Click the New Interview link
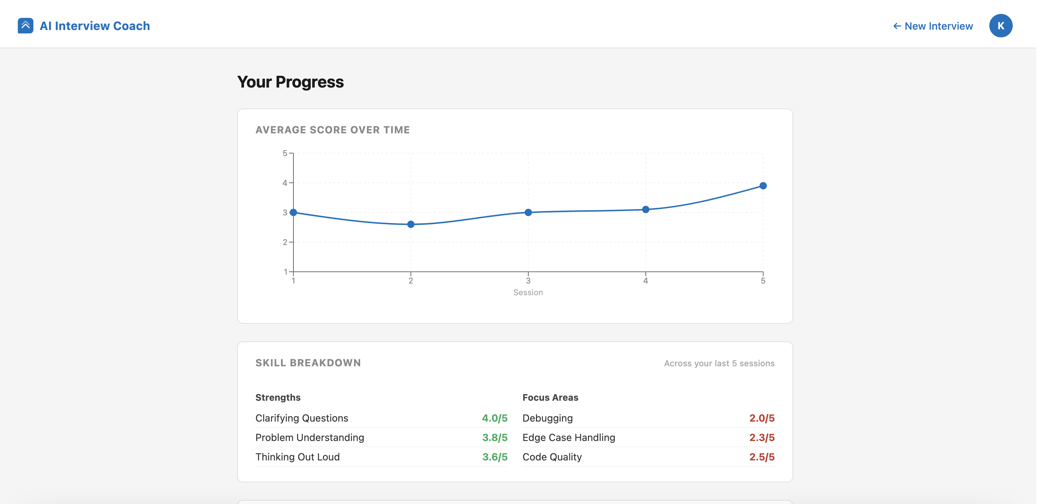coord(933,26)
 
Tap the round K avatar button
coord(1001,26)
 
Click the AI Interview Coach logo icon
coord(26,26)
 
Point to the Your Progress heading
coord(291,82)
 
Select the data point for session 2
coord(411,224)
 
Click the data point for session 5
coord(763,186)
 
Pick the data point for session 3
coord(528,212)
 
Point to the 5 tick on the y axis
coord(285,153)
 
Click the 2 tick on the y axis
coord(285,242)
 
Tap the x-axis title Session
coord(528,292)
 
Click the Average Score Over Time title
coord(333,130)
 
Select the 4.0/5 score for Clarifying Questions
coord(495,418)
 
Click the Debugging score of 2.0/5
coord(762,418)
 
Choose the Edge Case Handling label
coord(569,438)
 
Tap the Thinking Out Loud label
coord(298,457)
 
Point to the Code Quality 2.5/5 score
coord(762,457)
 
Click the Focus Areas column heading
coord(551,397)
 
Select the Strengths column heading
coord(278,397)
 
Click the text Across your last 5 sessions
coord(719,363)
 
